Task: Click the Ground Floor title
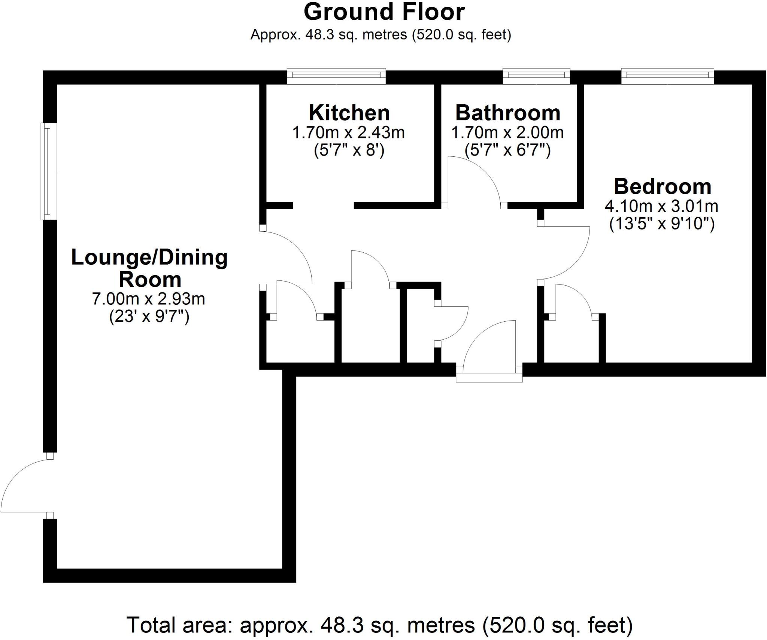384,12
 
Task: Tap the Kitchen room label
349,113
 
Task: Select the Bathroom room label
508,113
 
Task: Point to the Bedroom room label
662,186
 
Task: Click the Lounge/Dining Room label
150,268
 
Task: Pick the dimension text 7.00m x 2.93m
149,299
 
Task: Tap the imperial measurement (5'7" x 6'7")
507,151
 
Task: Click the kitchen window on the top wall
336,76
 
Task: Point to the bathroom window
536,76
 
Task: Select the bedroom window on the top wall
667,76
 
